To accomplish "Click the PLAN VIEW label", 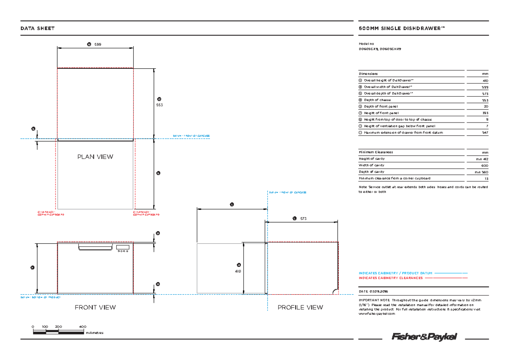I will point(95,157).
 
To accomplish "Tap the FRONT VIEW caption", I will point(95,307).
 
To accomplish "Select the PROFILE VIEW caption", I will point(300,307).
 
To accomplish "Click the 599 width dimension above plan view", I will point(98,44).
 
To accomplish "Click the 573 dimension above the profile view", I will point(303,218).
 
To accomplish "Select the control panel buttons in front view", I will point(123,251).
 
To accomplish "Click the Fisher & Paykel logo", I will point(425,337).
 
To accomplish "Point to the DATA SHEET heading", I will point(38,28).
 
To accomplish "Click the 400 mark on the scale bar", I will point(83,327).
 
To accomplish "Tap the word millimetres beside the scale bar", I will point(95,333).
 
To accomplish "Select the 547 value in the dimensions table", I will point(485,133).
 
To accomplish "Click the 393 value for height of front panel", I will point(485,113).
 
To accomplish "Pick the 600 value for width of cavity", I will point(485,165).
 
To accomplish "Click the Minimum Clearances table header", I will point(376,152).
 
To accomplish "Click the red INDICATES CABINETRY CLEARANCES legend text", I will point(391,278).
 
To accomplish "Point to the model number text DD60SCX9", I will point(368,49).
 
